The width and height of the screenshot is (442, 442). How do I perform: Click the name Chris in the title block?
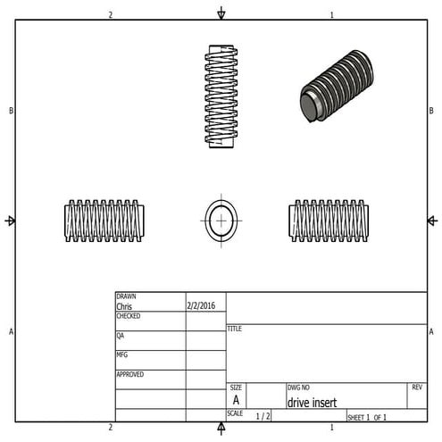coord(124,306)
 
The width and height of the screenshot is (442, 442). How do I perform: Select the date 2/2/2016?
coord(202,305)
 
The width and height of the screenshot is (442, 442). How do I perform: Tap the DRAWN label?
coord(126,296)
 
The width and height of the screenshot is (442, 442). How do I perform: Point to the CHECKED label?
coord(129,316)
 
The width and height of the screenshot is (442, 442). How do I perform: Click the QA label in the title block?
coord(121,336)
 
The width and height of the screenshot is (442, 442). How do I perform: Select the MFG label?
coord(121,354)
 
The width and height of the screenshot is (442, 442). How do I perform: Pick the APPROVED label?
coord(130,374)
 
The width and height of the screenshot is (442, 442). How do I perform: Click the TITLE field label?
coord(235,329)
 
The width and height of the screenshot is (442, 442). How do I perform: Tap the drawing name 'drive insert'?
coord(312,402)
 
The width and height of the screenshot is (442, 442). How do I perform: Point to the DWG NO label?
coord(298,388)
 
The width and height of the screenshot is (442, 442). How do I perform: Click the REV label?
coord(417,388)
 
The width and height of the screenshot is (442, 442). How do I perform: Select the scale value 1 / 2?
coord(263,416)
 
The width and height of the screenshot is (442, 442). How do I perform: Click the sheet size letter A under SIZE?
coord(236,401)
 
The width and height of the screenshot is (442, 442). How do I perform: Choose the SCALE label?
coord(235,413)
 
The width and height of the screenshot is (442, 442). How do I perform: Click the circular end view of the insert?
coord(221,220)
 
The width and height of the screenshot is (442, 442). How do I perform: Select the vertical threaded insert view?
coord(221,96)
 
